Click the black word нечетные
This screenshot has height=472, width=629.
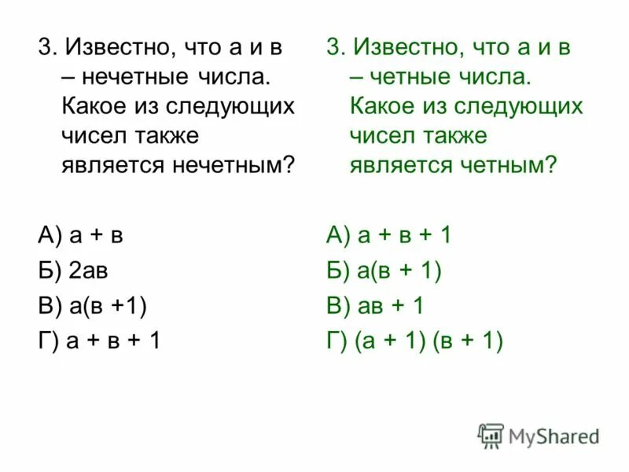pyautogui.click(x=131, y=77)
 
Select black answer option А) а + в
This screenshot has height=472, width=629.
pyautogui.click(x=80, y=235)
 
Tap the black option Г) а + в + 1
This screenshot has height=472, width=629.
pyautogui.click(x=99, y=341)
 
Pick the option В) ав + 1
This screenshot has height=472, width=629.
pyautogui.click(x=375, y=306)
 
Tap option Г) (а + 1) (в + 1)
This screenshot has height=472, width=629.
pyautogui.click(x=414, y=341)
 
